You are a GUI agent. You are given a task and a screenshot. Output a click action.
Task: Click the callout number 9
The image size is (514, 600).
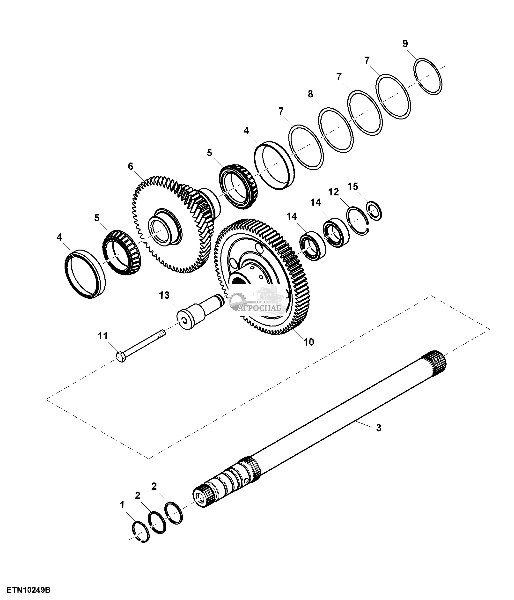point(405,44)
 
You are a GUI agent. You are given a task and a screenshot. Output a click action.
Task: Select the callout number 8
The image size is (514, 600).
point(310,94)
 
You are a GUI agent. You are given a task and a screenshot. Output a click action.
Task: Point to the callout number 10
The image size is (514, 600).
point(309,342)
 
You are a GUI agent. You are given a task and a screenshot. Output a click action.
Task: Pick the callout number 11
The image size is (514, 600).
point(103,336)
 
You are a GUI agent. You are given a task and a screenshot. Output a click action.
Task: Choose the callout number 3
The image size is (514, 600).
point(379,428)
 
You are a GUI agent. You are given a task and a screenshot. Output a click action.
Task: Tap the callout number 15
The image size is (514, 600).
point(353,186)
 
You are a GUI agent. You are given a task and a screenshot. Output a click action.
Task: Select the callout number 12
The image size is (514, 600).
point(333,192)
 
